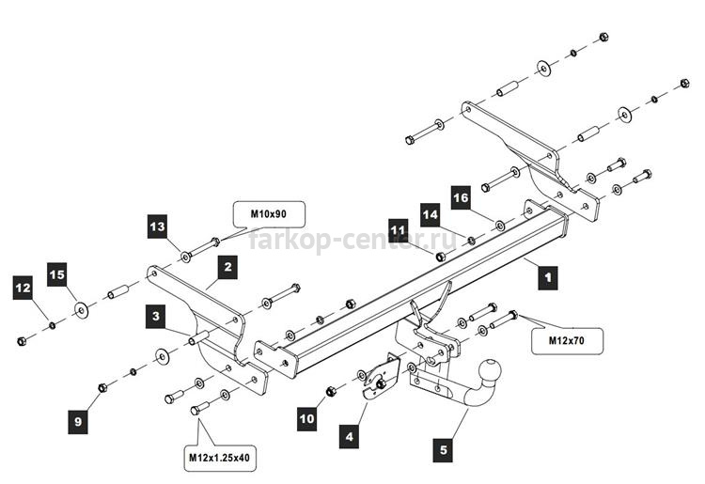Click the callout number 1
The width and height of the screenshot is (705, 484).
548,277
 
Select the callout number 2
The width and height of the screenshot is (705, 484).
227,268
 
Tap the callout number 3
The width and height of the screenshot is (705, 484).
155,316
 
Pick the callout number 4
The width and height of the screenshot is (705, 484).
350,436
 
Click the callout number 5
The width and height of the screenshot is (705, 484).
444,450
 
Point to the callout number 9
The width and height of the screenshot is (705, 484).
78,422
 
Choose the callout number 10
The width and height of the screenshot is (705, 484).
307,419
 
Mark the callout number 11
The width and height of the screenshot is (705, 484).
398,230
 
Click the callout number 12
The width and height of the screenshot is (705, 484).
23,288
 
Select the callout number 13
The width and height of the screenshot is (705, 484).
158,226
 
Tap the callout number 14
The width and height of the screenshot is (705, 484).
431,215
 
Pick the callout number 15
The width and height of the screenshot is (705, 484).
57,274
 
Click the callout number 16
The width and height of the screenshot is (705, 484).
461,197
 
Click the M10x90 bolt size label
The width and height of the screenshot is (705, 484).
269,214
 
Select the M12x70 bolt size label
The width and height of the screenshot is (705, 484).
567,340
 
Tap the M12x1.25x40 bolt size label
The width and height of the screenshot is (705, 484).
219,458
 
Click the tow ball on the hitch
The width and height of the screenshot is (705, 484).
490,370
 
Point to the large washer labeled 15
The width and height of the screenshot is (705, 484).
82,310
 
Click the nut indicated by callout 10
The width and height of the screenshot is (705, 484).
331,391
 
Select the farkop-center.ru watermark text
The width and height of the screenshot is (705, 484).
352,239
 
